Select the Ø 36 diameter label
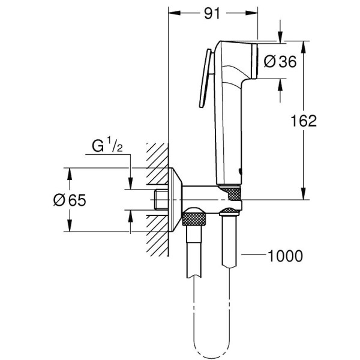pos(280,61)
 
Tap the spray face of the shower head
pos(256,60)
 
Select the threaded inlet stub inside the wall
pos(160,199)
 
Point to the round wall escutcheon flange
pos(175,199)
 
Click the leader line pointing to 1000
pos(252,256)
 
